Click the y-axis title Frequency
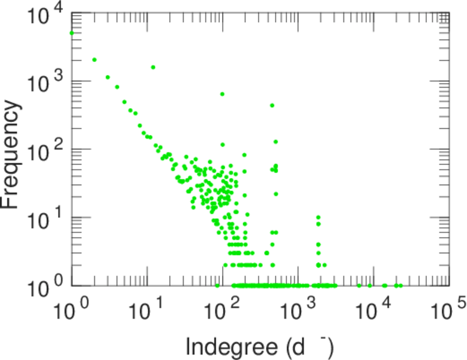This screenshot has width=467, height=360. tap(13, 155)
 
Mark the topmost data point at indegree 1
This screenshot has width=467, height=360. tap(72, 33)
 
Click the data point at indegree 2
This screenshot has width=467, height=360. tap(94, 59)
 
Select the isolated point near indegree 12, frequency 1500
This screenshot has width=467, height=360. tap(153, 67)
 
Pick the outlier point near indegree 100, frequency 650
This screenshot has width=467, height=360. tap(223, 94)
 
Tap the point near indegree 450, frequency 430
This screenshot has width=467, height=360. tap(272, 106)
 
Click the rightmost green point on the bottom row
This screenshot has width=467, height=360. tap(400, 285)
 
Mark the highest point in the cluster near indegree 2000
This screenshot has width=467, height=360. tap(318, 217)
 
